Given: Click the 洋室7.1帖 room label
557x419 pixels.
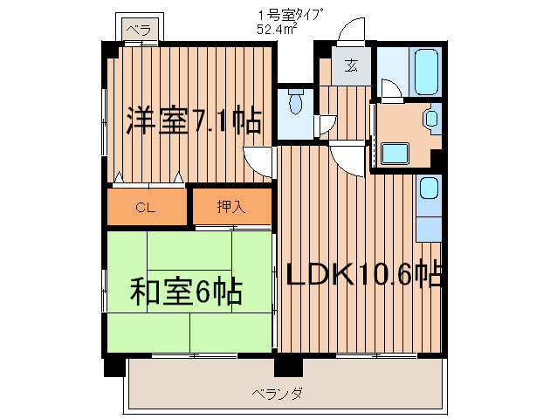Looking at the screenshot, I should (x=193, y=120).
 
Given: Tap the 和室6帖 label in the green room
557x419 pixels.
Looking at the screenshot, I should (x=187, y=291).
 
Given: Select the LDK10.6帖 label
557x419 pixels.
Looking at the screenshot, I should (x=364, y=274).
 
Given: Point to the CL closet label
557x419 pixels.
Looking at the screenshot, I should (x=146, y=207).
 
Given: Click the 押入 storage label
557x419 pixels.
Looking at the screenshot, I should (x=231, y=207).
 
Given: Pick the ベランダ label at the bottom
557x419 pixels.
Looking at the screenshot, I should (x=279, y=394).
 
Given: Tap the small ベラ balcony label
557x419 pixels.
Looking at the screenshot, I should (x=138, y=30).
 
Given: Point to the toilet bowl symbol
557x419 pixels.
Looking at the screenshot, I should (x=296, y=105).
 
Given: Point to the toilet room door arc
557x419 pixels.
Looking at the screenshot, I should (x=327, y=122).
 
